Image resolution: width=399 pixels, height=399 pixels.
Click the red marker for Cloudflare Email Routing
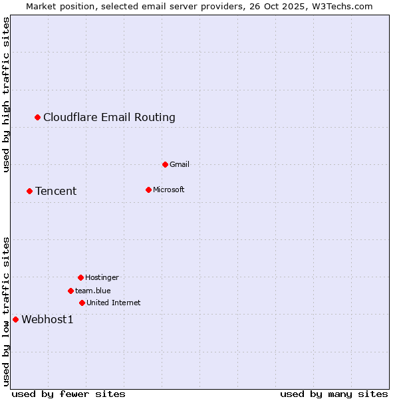(38, 118)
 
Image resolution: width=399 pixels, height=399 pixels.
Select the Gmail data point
(165, 164)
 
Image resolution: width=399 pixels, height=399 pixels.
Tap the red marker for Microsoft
(148, 190)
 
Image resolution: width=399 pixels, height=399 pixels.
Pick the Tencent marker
(29, 192)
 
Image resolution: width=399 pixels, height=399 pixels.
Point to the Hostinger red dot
(80, 277)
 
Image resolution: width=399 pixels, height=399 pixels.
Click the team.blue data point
(70, 291)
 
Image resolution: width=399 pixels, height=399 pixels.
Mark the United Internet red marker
(82, 303)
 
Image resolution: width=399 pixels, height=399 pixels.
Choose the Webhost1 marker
(15, 319)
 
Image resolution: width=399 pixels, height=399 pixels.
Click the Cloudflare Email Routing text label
(109, 118)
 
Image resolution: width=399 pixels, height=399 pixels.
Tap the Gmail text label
(180, 164)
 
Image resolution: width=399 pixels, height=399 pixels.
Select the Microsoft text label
(168, 190)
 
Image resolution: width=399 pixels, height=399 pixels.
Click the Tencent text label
(56, 192)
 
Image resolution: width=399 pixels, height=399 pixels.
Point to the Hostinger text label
(102, 277)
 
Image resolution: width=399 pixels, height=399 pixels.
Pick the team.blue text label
(92, 291)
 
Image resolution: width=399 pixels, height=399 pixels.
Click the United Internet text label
(113, 303)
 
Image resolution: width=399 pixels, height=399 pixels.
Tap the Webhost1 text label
(47, 319)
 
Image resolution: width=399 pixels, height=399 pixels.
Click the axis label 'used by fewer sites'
(68, 394)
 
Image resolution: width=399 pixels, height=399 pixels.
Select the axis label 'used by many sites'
(334, 394)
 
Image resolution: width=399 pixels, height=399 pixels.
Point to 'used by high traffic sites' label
(6, 94)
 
